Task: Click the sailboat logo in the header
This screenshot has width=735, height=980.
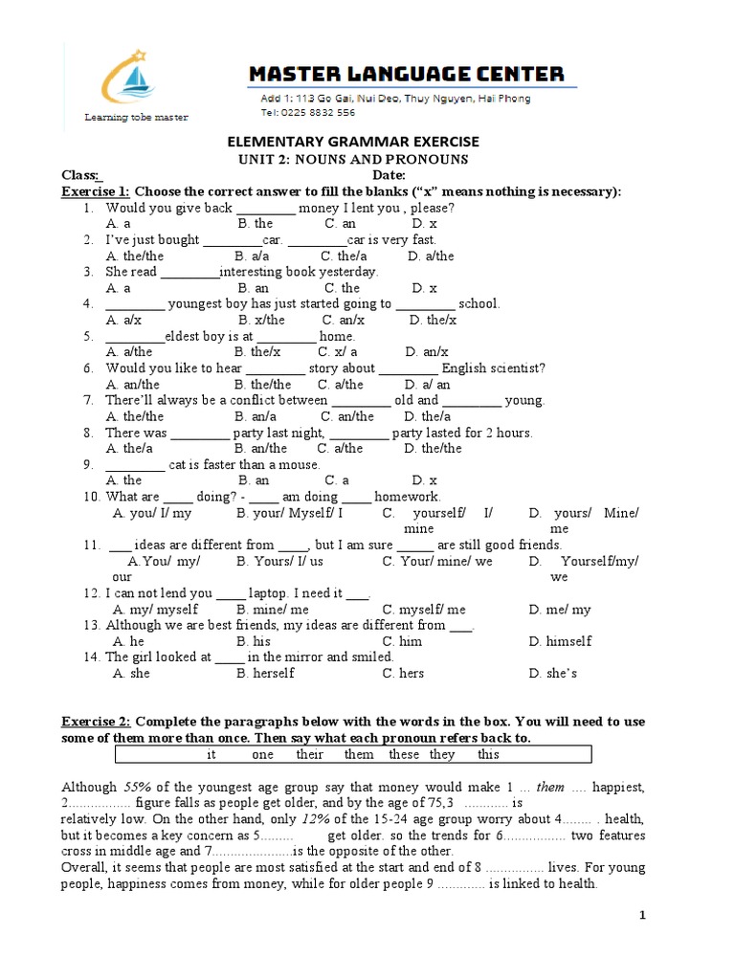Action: pyautogui.click(x=135, y=78)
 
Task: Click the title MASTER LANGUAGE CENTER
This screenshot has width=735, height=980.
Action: pyautogui.click(x=407, y=74)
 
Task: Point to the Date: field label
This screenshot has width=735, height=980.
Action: pyautogui.click(x=389, y=175)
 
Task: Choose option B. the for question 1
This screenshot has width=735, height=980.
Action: pyautogui.click(x=255, y=223)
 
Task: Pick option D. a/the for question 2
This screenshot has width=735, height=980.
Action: pyautogui.click(x=431, y=256)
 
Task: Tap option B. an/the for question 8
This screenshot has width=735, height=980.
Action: pyautogui.click(x=262, y=448)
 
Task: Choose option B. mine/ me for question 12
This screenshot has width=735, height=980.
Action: pyautogui.click(x=273, y=609)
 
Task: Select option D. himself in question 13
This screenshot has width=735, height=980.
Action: pyautogui.click(x=560, y=640)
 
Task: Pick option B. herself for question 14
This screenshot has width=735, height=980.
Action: pyautogui.click(x=265, y=673)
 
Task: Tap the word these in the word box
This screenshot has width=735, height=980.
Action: pyautogui.click(x=404, y=754)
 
